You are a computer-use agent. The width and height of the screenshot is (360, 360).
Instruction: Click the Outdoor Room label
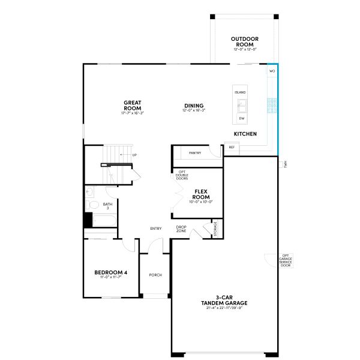point(244,41)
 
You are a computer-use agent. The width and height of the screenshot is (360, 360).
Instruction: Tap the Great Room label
point(132,106)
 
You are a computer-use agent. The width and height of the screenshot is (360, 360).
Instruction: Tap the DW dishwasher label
point(241,118)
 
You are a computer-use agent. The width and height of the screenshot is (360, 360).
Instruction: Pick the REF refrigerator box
point(232,147)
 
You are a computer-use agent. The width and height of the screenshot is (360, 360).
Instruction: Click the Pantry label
point(195,153)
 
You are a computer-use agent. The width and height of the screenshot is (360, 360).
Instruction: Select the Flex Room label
point(201,194)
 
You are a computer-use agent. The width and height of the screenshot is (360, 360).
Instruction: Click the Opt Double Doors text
point(182,175)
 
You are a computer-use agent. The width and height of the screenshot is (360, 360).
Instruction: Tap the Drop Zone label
point(181,229)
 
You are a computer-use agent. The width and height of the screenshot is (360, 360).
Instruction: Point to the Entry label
point(156,228)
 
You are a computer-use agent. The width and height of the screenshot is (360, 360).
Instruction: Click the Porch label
point(155,275)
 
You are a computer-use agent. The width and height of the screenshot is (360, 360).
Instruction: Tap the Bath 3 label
point(107,206)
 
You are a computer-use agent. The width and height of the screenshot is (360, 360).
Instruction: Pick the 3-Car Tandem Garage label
point(224,300)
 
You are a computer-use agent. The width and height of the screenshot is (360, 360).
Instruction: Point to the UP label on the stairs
point(134,155)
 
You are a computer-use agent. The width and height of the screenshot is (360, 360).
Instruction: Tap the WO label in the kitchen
point(272,71)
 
